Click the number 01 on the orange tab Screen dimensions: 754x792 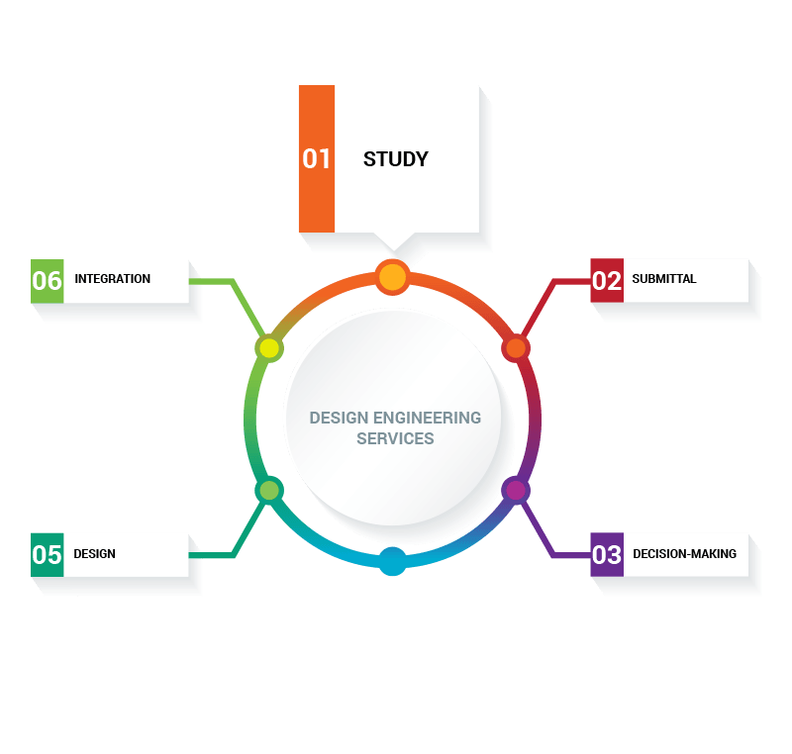point(317,158)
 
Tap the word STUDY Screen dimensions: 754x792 point(395,158)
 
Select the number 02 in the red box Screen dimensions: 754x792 point(607,280)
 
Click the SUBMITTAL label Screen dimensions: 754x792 point(664,279)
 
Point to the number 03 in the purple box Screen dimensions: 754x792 point(607,554)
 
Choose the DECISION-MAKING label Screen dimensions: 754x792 point(684,554)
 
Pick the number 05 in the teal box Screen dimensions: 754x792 point(48,554)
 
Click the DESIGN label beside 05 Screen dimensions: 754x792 point(94,554)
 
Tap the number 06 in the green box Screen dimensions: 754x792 point(48,280)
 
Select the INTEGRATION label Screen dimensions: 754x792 point(112,279)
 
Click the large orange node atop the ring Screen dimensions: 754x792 point(393,277)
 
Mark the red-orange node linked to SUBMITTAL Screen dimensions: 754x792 point(515,348)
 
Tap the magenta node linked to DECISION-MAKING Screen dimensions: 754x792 point(515,490)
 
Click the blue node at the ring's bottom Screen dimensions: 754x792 point(393,561)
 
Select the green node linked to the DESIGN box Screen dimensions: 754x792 point(269,490)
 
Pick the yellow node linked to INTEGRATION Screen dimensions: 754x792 point(269,348)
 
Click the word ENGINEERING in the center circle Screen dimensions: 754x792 point(429,418)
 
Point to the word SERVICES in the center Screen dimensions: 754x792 point(395,438)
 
